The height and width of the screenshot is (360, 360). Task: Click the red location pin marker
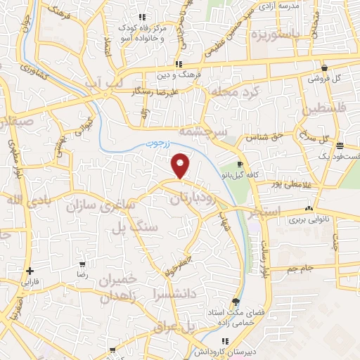(x=181, y=165)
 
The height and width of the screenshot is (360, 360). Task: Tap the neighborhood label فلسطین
(x=325, y=110)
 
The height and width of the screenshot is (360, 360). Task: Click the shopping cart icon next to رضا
(x=84, y=265)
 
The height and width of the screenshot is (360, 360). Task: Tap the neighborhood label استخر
(x=265, y=211)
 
